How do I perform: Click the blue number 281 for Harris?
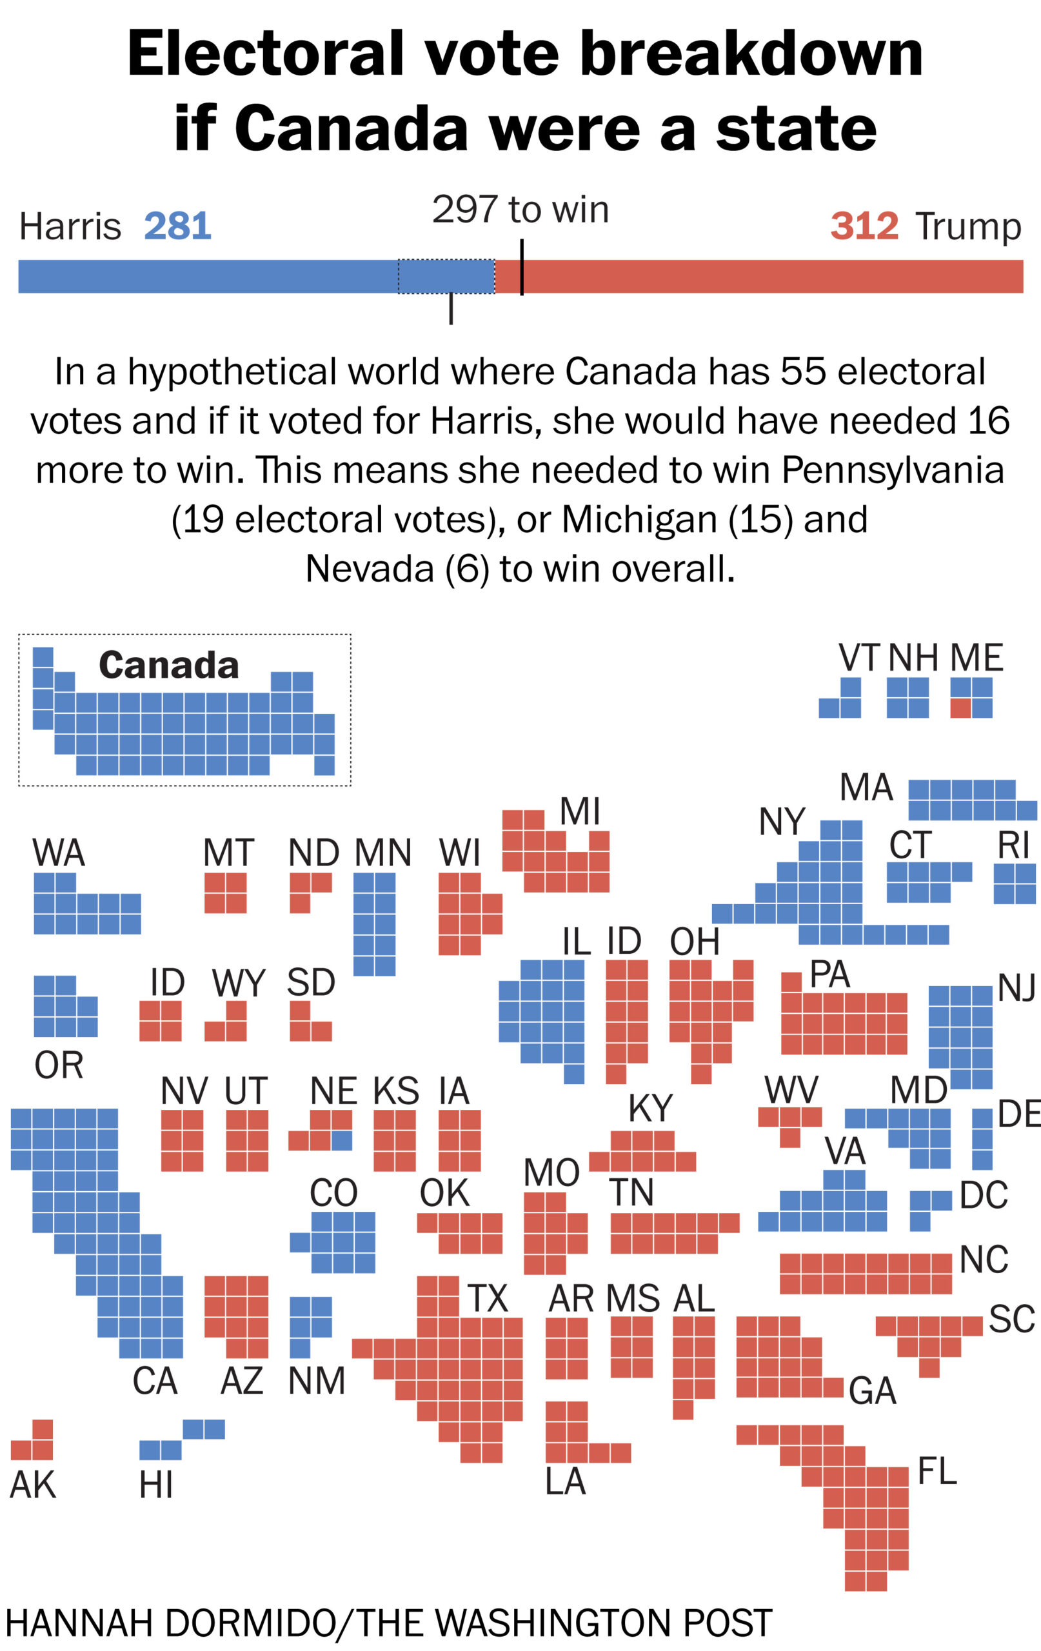coord(177,226)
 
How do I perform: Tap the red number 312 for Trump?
coord(864,226)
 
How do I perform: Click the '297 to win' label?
coord(520,209)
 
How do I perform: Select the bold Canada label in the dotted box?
coord(169,665)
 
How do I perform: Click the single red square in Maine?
coord(960,707)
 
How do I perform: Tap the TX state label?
coord(488,1298)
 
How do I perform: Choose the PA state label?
coord(830,974)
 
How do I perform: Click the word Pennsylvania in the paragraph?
coord(892,470)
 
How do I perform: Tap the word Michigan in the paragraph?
coord(640,520)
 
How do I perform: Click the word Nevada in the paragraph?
coord(369,569)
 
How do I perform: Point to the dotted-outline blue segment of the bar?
coord(446,276)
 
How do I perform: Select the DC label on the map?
coord(984,1196)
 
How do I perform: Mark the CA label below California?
coord(155,1381)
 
